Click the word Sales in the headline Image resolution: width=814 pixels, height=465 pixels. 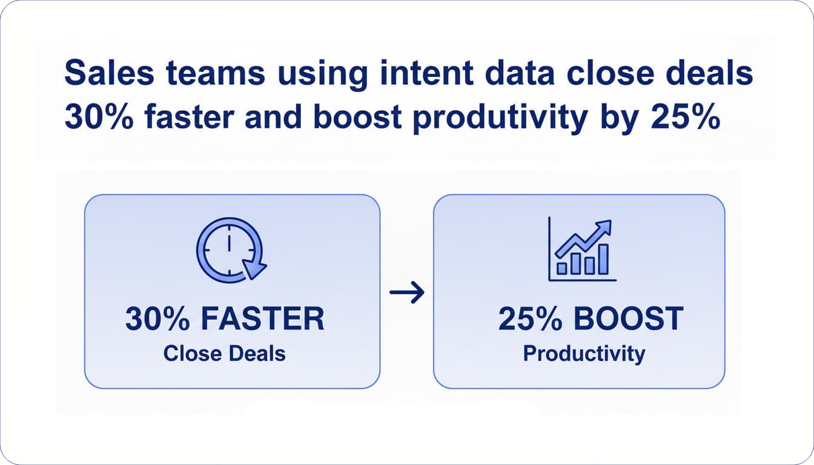109,73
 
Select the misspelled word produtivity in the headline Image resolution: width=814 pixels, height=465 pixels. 500,117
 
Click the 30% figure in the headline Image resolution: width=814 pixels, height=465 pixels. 99,117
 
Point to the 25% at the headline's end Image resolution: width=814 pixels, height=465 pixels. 685,117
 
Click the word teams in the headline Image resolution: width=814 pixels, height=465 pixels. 215,73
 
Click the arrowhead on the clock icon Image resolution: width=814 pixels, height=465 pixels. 254,268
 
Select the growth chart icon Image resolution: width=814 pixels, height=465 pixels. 582,249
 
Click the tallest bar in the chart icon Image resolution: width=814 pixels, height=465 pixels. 604,259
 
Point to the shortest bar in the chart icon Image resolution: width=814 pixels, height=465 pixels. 562,268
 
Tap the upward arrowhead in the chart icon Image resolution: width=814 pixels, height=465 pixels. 604,228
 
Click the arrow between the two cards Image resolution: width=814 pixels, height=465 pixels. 407,292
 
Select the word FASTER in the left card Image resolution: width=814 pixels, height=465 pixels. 262,318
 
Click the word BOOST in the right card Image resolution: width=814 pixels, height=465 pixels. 628,318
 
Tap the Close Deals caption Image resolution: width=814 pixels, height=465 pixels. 225,354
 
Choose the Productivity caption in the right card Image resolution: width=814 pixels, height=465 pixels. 584,354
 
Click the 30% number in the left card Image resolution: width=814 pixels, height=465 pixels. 157,318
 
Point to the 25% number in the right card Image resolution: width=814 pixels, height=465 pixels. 530,318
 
